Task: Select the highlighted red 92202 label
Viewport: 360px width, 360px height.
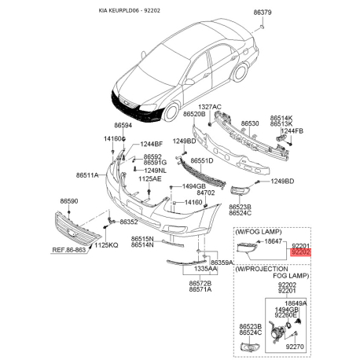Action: point(301,252)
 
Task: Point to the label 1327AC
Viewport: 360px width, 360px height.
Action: point(210,106)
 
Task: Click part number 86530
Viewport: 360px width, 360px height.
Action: point(250,123)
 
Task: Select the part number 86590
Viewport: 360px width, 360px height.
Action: point(69,202)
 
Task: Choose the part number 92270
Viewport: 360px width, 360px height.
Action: point(295,346)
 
